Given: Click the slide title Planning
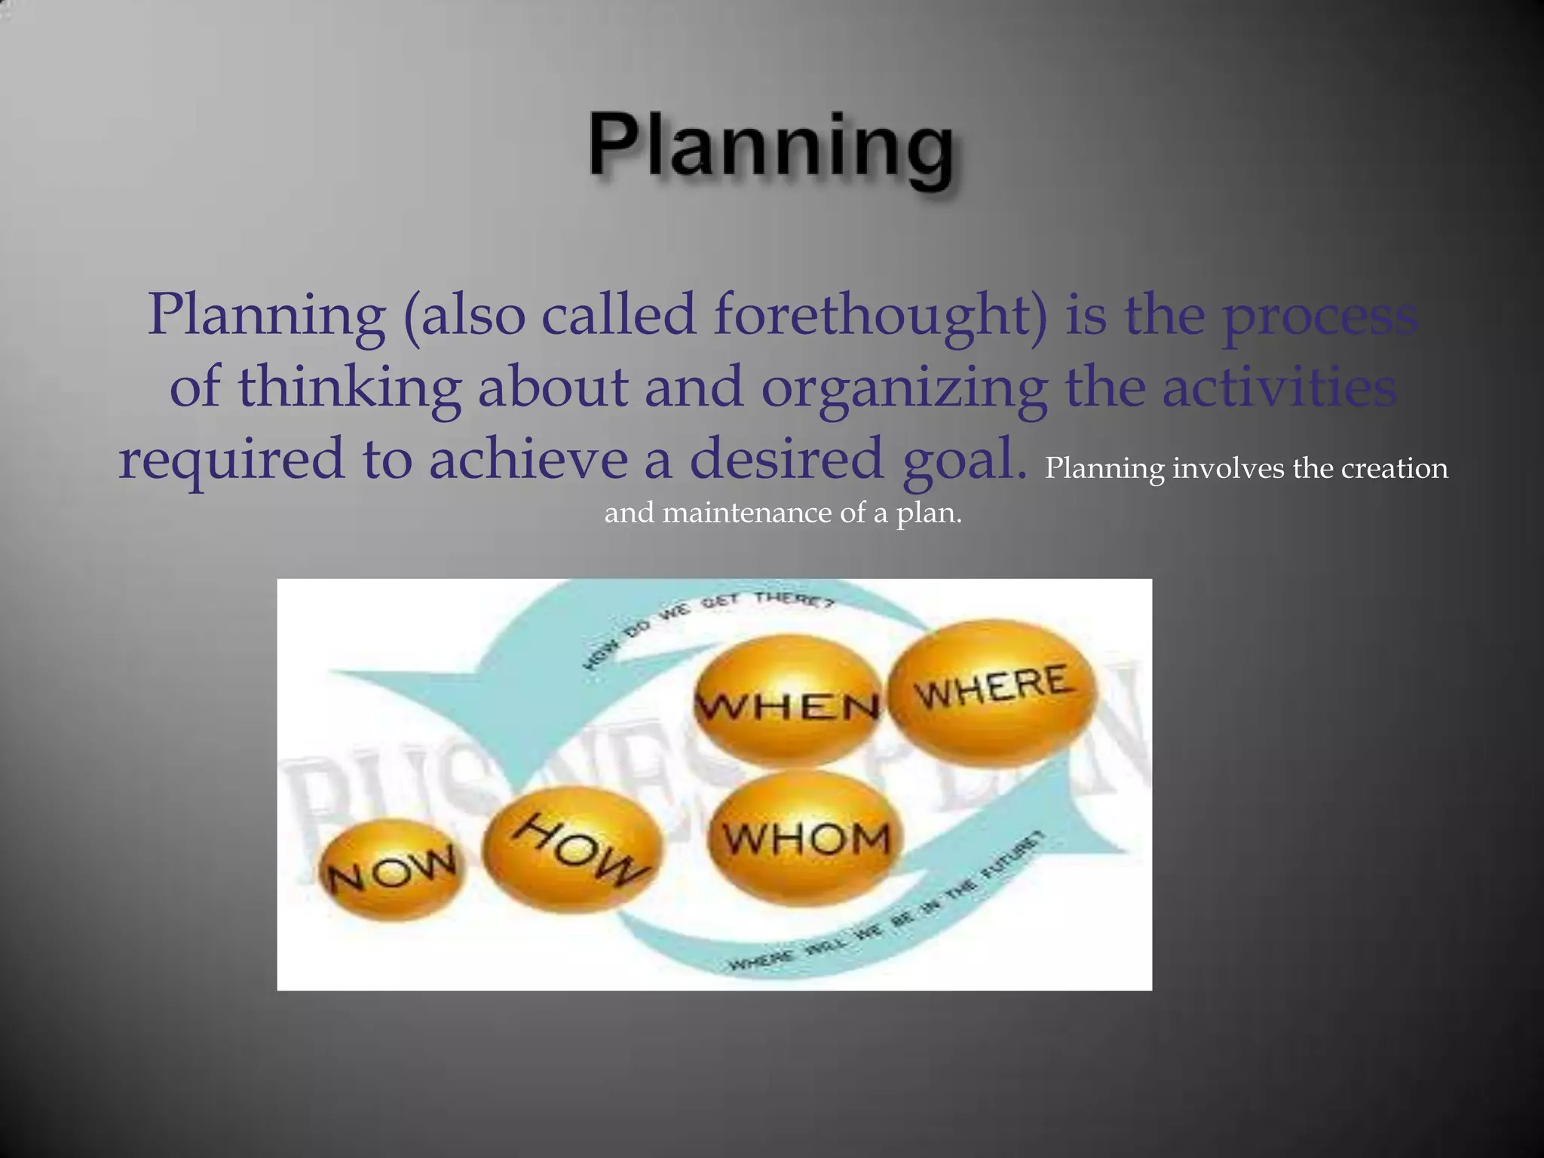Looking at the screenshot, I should (770, 147).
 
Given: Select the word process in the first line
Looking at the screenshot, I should (1319, 315).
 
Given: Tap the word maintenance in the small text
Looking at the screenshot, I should (746, 513).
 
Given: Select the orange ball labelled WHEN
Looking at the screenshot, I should (786, 701).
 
